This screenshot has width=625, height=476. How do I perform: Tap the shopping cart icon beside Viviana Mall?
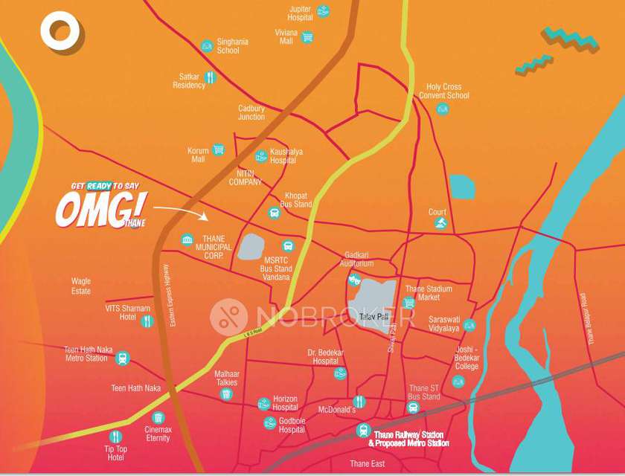pyautogui.click(x=307, y=36)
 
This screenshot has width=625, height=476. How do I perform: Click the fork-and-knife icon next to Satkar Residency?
pyautogui.click(x=211, y=77)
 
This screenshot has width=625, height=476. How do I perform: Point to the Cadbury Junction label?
pyautogui.click(x=251, y=112)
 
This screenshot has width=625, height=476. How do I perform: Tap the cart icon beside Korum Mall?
pyautogui.click(x=218, y=149)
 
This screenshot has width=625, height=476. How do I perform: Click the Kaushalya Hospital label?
pyautogui.click(x=286, y=155)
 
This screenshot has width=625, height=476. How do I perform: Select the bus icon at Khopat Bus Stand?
pyautogui.click(x=274, y=213)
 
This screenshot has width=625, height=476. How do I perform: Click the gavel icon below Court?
pyautogui.click(x=440, y=222)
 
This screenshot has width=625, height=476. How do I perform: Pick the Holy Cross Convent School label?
pyautogui.click(x=444, y=91)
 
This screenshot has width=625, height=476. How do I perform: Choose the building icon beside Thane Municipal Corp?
pyautogui.click(x=187, y=239)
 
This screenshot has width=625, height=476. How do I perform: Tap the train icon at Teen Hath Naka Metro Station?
pyautogui.click(x=123, y=358)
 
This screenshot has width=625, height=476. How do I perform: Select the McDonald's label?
pyautogui.click(x=337, y=410)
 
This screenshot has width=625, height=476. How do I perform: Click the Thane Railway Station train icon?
pyautogui.click(x=363, y=430)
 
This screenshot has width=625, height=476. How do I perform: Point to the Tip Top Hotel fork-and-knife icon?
pyautogui.click(x=115, y=437)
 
